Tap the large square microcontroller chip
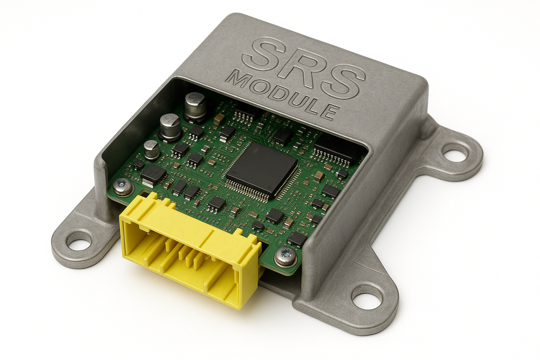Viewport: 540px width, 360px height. pyautogui.click(x=261, y=169)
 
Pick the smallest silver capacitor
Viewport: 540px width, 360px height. pyautogui.click(x=151, y=149)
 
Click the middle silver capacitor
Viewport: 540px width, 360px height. pyautogui.click(x=170, y=126)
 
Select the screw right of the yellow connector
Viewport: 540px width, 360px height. pyautogui.click(x=286, y=256)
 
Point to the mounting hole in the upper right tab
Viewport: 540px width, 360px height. pyautogui.click(x=455, y=152)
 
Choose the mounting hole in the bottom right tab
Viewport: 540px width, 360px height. pyautogui.click(x=367, y=297)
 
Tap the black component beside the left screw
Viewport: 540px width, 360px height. pyautogui.click(x=153, y=175)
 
